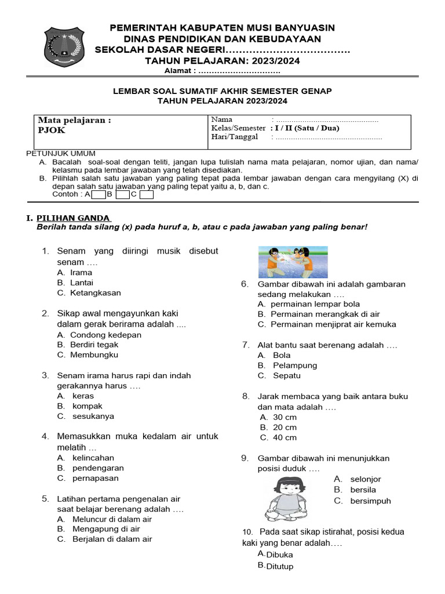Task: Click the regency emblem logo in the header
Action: click(x=64, y=48)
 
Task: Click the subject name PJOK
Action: click(x=52, y=131)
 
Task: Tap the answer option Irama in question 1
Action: click(x=81, y=272)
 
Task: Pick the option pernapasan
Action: click(x=95, y=478)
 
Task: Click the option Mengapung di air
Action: click(x=106, y=529)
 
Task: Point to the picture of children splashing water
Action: click(x=293, y=262)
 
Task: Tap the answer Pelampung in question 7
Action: click(x=295, y=365)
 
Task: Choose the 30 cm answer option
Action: click(x=284, y=417)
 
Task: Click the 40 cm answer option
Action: click(x=284, y=437)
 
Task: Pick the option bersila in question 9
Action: click(x=363, y=490)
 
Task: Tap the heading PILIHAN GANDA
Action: click(x=74, y=218)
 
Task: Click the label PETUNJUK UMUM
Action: click(x=61, y=153)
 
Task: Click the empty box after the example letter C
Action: click(x=147, y=195)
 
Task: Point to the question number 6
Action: click(x=245, y=284)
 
